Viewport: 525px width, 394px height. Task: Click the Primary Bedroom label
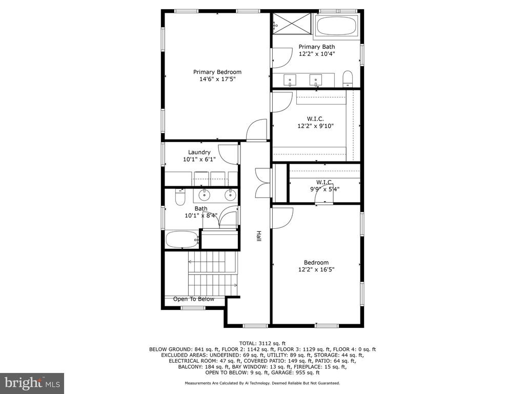click(217, 72)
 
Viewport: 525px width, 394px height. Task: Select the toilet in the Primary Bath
click(348, 78)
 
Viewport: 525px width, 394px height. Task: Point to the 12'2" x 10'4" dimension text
click(317, 53)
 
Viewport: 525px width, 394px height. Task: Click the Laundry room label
click(199, 152)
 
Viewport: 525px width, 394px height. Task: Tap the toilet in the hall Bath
click(180, 197)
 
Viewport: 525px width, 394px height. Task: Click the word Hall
click(258, 236)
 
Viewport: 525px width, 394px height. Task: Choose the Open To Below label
click(193, 299)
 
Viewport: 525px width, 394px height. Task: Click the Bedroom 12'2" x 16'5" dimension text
click(316, 269)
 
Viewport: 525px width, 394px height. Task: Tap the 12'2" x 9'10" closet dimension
click(316, 126)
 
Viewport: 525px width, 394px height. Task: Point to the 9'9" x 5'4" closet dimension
click(325, 189)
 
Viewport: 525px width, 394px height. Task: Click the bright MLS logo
click(32, 383)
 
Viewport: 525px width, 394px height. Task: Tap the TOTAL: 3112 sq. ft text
click(262, 343)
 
